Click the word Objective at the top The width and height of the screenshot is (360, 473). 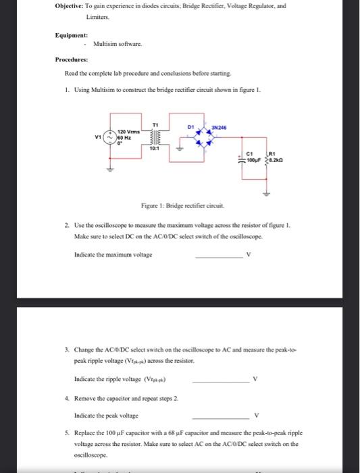pyautogui.click(x=70, y=5)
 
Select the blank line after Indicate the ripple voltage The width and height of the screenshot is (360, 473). pyautogui.click(x=220, y=382)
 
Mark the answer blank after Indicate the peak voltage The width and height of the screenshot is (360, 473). pyautogui.click(x=220, y=416)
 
